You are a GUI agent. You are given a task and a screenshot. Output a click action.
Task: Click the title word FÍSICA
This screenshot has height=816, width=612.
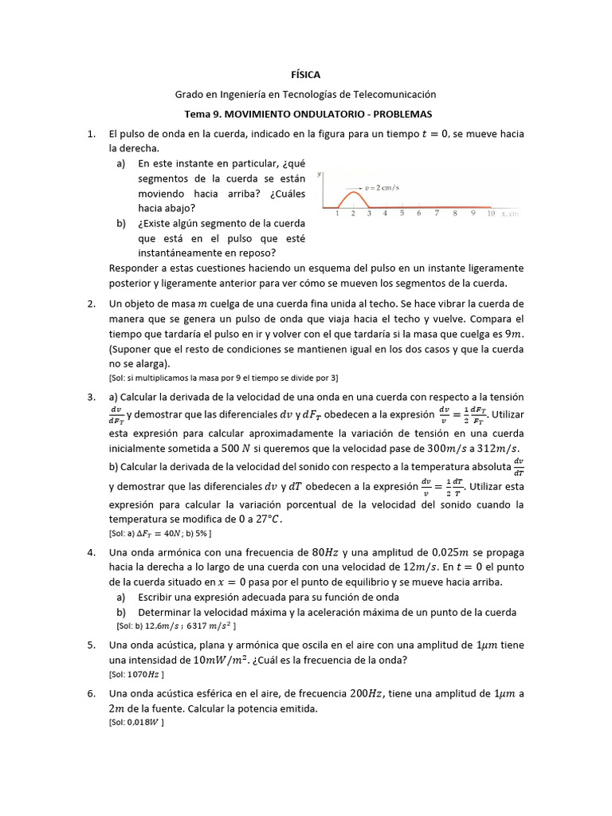(x=306, y=74)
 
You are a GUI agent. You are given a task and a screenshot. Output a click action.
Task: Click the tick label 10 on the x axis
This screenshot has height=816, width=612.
(x=491, y=214)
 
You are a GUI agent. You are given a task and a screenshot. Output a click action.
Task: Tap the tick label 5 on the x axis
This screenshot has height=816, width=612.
(x=402, y=214)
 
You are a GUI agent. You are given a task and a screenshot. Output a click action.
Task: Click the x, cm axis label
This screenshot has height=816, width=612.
(x=510, y=214)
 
